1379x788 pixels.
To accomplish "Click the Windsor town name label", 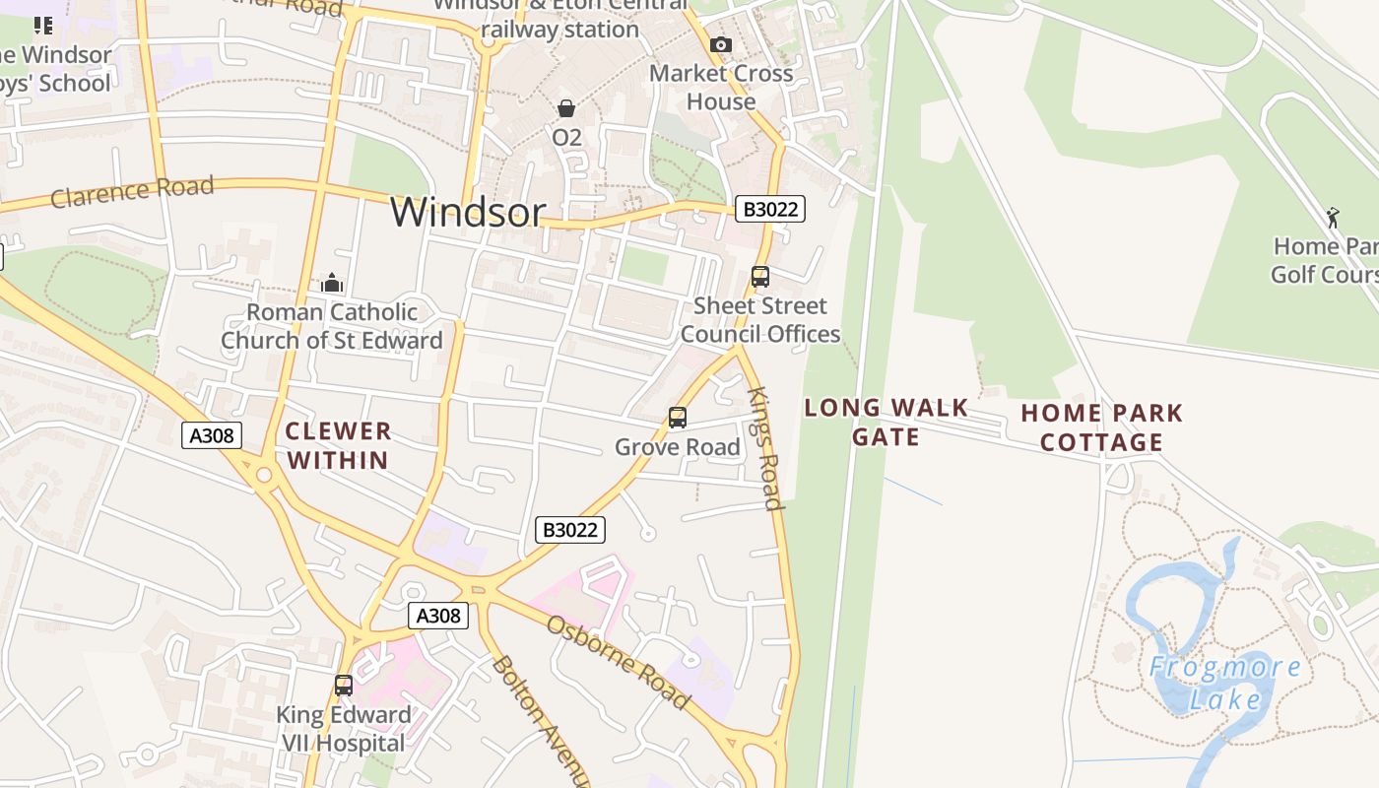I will click(x=468, y=212).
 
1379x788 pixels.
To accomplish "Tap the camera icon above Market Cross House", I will click(x=721, y=44).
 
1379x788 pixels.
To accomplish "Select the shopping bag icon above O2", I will click(x=566, y=107).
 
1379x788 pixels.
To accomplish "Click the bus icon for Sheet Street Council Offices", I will click(x=760, y=277).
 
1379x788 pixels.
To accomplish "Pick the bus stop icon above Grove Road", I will click(x=678, y=418).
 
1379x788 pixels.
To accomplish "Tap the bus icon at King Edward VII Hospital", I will click(x=344, y=686).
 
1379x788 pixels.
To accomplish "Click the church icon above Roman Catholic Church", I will click(x=332, y=284).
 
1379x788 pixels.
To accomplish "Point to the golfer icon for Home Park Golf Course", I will click(x=1333, y=218).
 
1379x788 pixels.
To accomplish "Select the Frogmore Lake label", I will click(x=1224, y=683).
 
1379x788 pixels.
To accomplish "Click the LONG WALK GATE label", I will click(x=886, y=422).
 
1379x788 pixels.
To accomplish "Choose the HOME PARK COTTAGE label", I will click(x=1101, y=427).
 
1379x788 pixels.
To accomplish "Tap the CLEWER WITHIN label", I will click(x=338, y=445).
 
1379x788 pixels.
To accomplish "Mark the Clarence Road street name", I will click(x=132, y=191).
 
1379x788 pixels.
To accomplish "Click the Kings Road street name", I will click(x=764, y=448).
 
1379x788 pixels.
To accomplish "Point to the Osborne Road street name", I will click(x=618, y=662).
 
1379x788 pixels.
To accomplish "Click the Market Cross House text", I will click(x=721, y=87).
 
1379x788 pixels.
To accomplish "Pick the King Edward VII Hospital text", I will click(x=343, y=729).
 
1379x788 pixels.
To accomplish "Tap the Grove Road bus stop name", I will click(x=678, y=447).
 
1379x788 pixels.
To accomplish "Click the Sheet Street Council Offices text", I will click(x=760, y=320).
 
